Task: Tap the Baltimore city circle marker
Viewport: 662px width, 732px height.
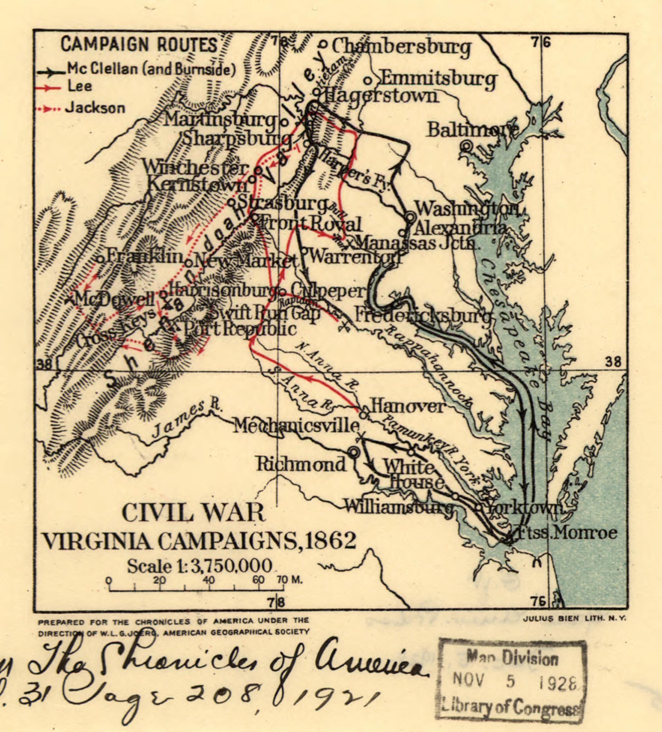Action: pyautogui.click(x=467, y=146)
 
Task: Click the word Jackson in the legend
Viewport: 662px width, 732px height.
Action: pyautogui.click(x=95, y=108)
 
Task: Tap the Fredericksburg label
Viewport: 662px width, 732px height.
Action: pyautogui.click(x=423, y=315)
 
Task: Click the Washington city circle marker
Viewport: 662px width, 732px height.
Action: pyautogui.click(x=410, y=217)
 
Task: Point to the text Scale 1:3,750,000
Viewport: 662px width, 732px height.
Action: pyautogui.click(x=200, y=566)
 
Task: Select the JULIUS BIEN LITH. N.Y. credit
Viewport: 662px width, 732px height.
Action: pyautogui.click(x=575, y=619)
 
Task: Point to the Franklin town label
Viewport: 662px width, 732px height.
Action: pyautogui.click(x=144, y=257)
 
